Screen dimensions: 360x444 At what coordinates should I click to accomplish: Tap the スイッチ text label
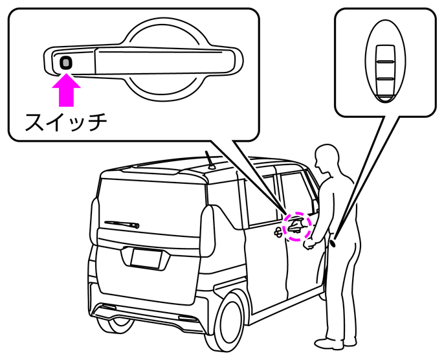click(64, 121)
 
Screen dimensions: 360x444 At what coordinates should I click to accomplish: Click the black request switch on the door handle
click(66, 62)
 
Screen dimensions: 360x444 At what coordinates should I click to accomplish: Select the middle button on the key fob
click(385, 70)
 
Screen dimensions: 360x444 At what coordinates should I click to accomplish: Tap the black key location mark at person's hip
click(334, 243)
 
